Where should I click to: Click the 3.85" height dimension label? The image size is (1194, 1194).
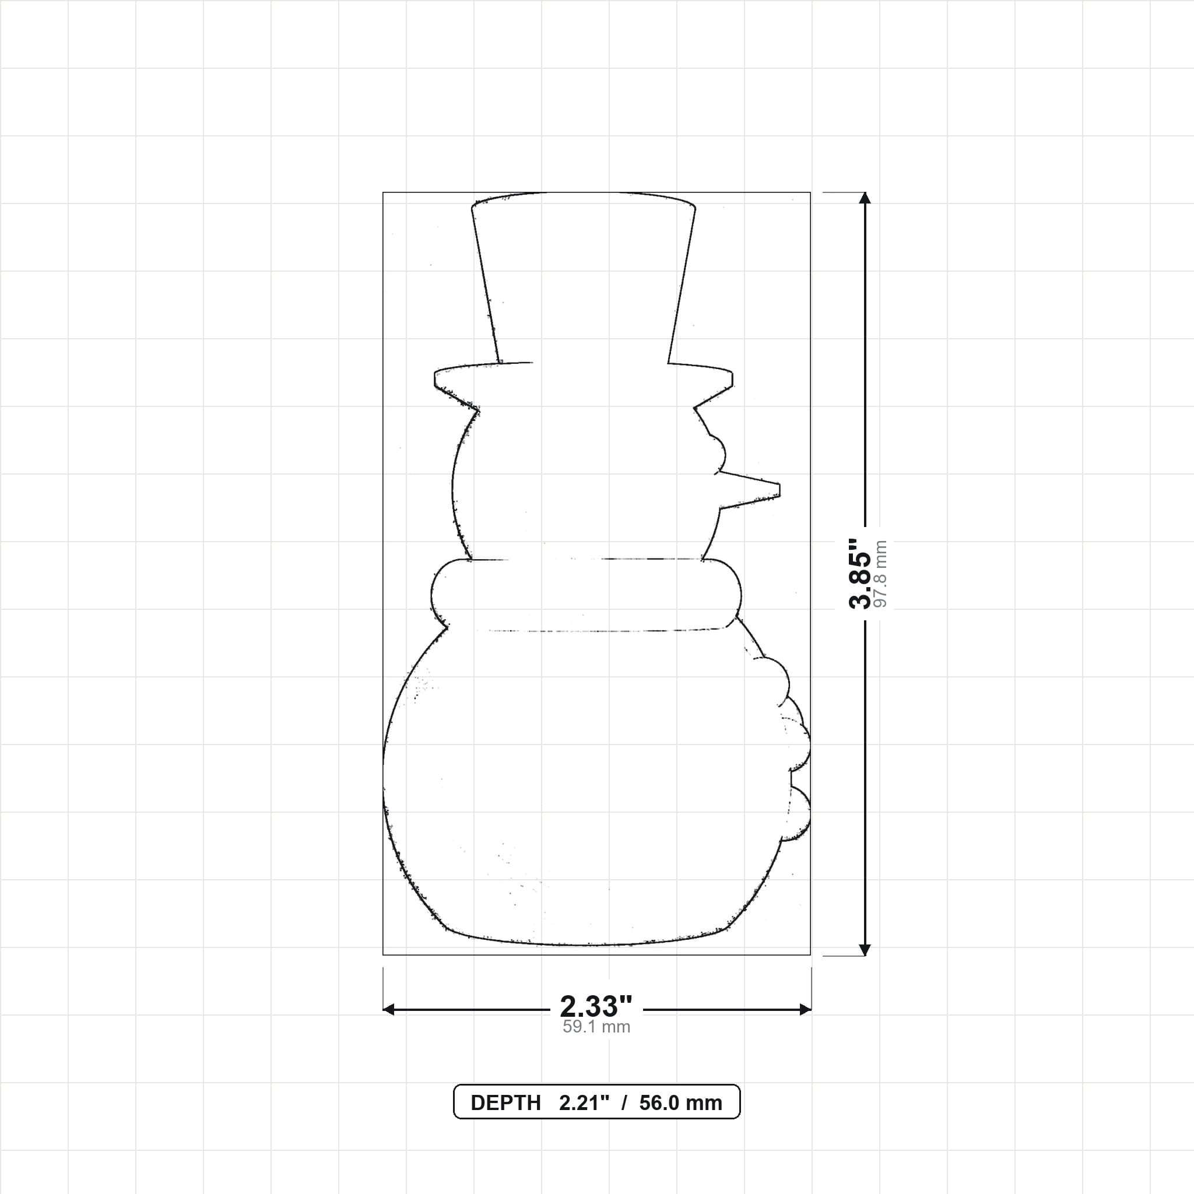coord(860,574)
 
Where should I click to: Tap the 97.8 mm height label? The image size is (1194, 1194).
coord(882,574)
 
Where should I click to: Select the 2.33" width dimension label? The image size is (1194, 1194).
coord(596,1006)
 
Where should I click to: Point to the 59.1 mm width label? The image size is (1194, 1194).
coord(596,1027)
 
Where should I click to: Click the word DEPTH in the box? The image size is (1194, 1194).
coord(505,1103)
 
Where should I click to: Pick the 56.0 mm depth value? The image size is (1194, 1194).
coord(680,1103)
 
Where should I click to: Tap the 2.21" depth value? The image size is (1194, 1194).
coord(584,1103)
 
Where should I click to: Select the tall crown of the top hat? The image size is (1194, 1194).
coord(584,278)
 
